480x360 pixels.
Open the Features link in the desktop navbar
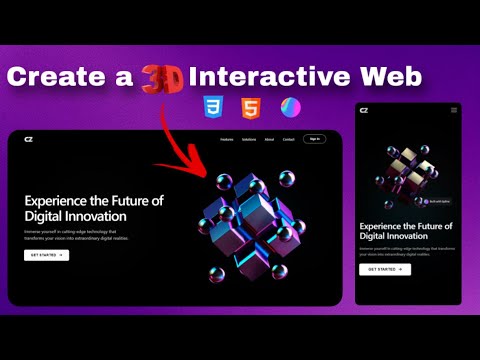click(226, 140)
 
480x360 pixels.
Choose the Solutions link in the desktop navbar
click(249, 140)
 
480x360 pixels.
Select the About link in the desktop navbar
click(269, 140)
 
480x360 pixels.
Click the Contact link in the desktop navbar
click(288, 140)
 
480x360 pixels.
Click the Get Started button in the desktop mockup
click(46, 255)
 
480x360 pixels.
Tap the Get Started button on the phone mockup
click(385, 269)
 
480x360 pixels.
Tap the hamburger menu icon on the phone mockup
click(453, 110)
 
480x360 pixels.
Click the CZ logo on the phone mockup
click(364, 110)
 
